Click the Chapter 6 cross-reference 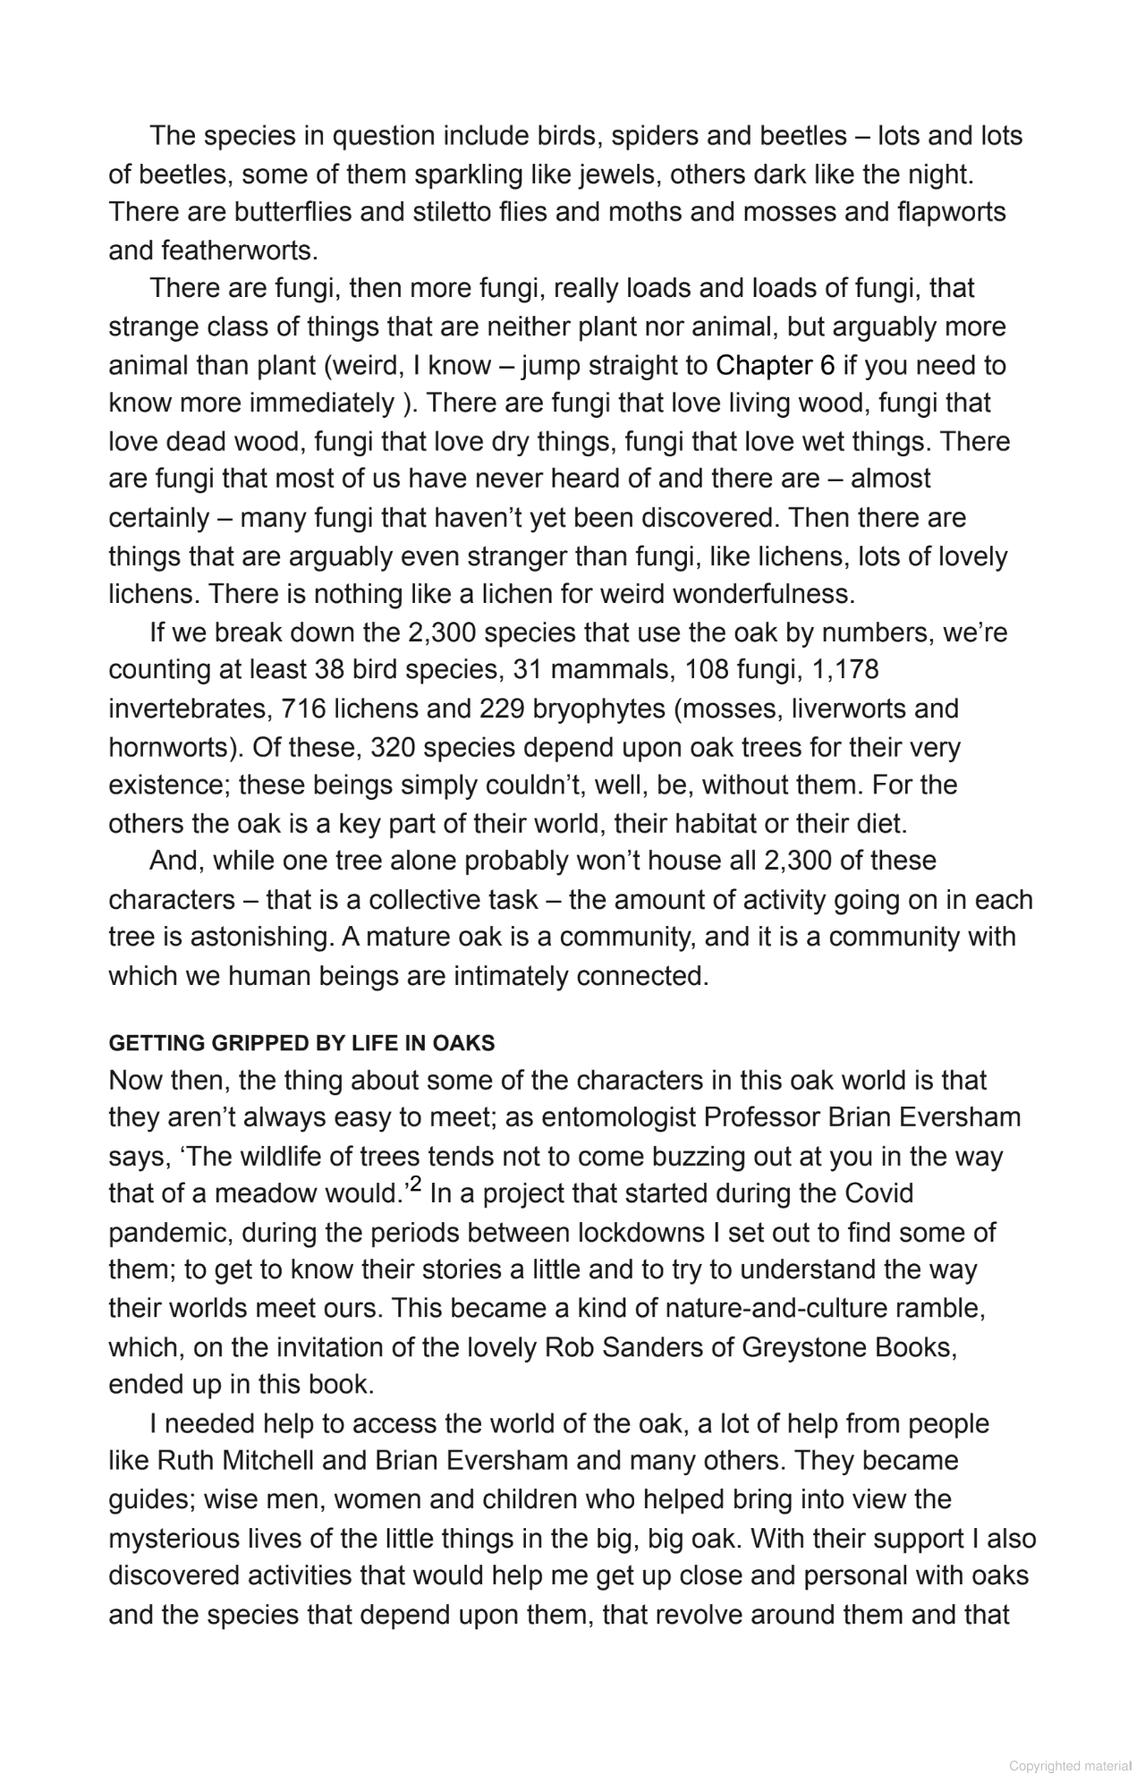[775, 365]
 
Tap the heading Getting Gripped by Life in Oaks [301, 1043]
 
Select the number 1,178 [845, 669]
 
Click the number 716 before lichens [304, 709]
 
